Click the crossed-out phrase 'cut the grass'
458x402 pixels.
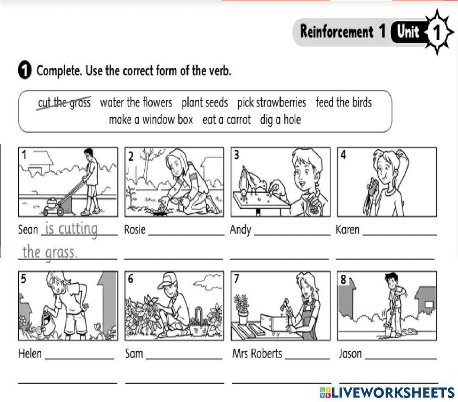pyautogui.click(x=64, y=103)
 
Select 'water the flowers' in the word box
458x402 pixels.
pyautogui.click(x=136, y=103)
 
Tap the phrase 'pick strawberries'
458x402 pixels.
pyautogui.click(x=271, y=103)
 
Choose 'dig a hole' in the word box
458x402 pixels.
pyautogui.click(x=280, y=120)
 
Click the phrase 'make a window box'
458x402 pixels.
pyautogui.click(x=151, y=120)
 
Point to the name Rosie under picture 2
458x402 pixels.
pyautogui.click(x=135, y=229)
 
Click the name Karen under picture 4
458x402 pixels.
pyautogui.click(x=347, y=229)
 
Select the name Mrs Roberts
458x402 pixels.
pyautogui.click(x=257, y=353)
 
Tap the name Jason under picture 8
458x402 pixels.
pyautogui.click(x=350, y=353)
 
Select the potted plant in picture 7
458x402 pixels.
pyautogui.click(x=242, y=310)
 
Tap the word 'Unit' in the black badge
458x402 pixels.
pyautogui.click(x=408, y=31)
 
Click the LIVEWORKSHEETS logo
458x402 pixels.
pyautogui.click(x=387, y=392)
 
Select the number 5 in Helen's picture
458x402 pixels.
pyautogui.click(x=24, y=278)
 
